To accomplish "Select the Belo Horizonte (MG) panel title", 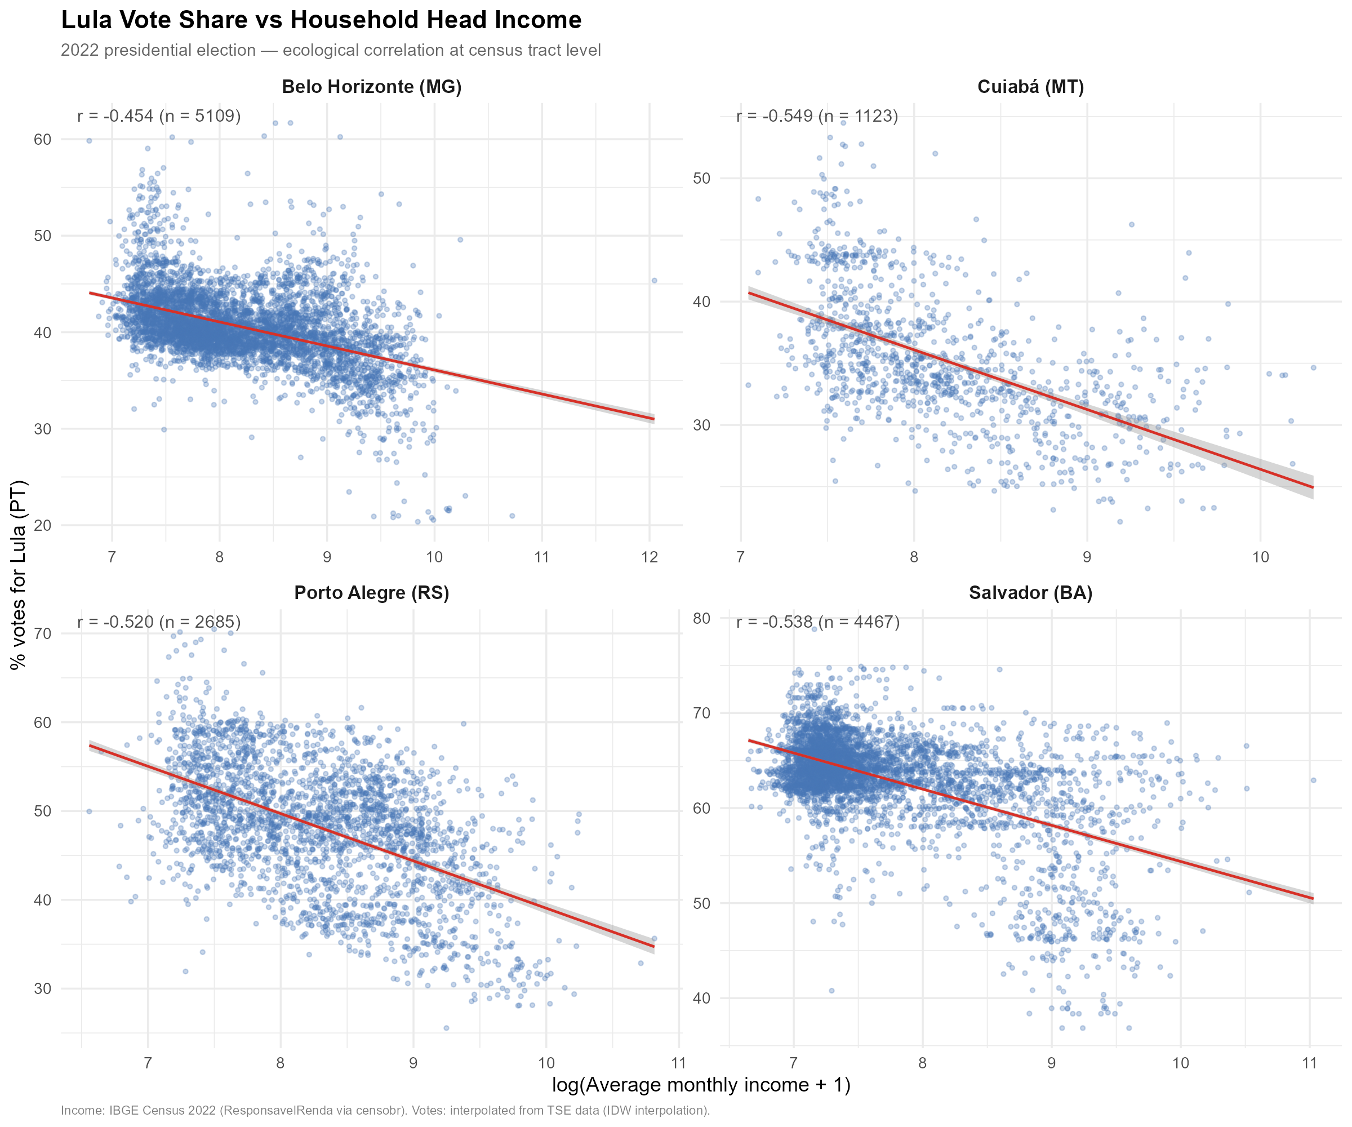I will tap(371, 87).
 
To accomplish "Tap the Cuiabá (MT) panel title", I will tap(1030, 87).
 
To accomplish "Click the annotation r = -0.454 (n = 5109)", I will tap(159, 116).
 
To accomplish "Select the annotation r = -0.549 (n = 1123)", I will tap(817, 116).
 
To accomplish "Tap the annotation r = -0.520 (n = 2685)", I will tap(159, 622).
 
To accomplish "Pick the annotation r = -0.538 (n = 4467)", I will tap(817, 622).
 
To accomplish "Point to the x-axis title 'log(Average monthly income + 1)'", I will tap(701, 1085).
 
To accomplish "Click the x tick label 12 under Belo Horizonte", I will tap(650, 557).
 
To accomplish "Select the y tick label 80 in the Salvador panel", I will tap(701, 618).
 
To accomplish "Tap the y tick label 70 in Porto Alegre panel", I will tap(42, 634).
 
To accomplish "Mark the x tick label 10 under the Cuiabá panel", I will tap(1260, 557).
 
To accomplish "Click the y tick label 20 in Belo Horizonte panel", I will tap(42, 526).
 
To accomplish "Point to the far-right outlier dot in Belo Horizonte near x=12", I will tap(654, 280).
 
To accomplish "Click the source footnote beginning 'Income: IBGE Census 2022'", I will tap(385, 1111).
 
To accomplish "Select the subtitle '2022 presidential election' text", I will tap(330, 50).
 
